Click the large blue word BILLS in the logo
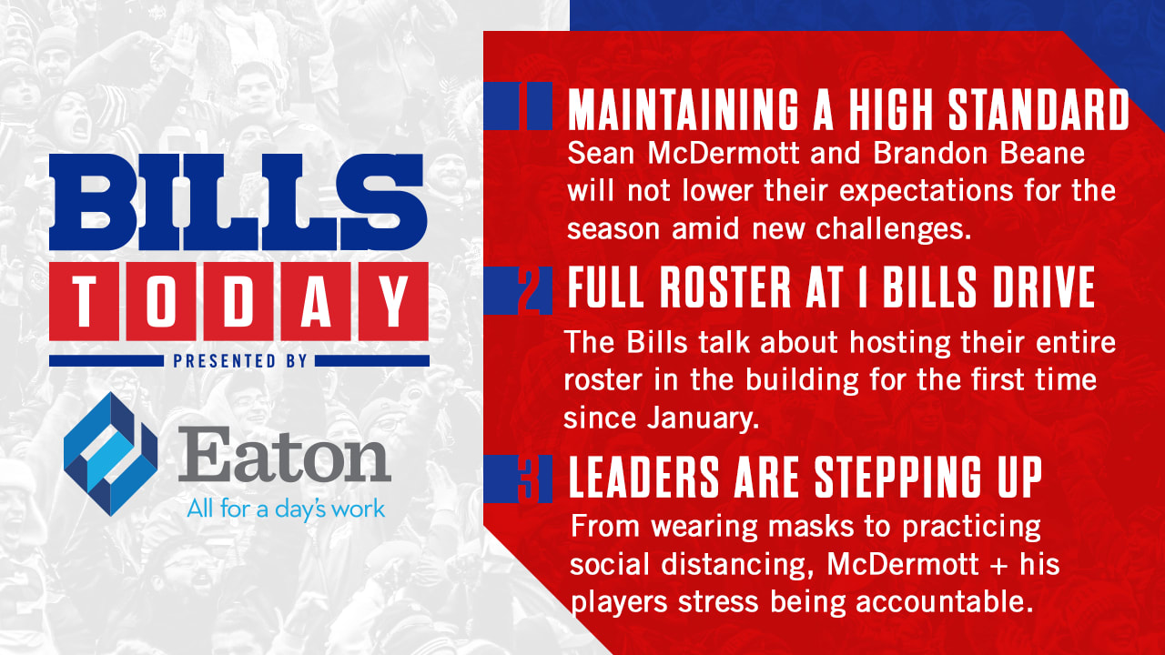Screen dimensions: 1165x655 [238, 202]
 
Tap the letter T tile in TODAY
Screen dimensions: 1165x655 [85, 301]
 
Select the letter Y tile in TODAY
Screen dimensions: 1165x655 [394, 301]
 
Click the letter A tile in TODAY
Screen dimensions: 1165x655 [316, 301]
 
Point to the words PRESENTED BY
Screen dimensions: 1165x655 [240, 361]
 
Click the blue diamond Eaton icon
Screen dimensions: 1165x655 [110, 454]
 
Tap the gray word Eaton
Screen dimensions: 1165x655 [284, 454]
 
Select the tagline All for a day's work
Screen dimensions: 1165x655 [286, 509]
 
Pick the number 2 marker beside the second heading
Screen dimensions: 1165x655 [530, 290]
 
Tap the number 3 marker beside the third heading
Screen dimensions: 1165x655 [529, 479]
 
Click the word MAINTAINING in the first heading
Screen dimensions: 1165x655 [683, 109]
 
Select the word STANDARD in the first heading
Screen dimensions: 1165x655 [1038, 109]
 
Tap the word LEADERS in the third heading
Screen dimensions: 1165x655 [644, 477]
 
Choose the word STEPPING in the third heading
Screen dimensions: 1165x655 [897, 477]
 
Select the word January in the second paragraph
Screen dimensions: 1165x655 [701, 418]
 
